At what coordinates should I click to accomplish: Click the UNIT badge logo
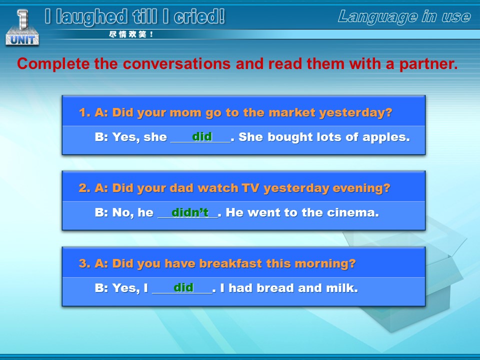[x=22, y=28]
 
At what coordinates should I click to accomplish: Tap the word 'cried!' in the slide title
[x=199, y=16]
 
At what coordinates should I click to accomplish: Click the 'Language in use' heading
[x=404, y=17]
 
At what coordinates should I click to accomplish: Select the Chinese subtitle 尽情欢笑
[x=131, y=34]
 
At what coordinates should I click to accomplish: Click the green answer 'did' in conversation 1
[x=202, y=136]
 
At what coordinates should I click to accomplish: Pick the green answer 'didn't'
[x=190, y=212]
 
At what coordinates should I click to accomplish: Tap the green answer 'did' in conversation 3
[x=183, y=287]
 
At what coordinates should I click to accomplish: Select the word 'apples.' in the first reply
[x=386, y=137]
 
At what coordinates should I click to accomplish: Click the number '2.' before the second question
[x=84, y=188]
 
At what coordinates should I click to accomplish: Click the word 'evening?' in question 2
[x=361, y=188]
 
